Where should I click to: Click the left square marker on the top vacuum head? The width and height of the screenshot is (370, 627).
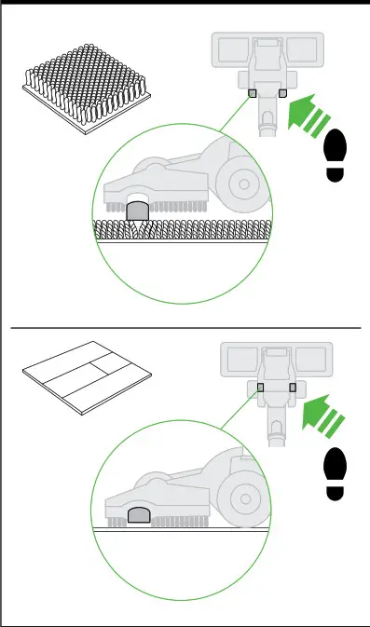click(x=253, y=93)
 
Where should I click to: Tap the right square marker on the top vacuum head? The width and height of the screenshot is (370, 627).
click(x=282, y=93)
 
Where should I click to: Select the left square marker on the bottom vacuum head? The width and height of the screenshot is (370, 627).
click(x=262, y=387)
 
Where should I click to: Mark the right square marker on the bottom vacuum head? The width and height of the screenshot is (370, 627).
click(x=293, y=387)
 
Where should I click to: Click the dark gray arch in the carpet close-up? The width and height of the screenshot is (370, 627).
click(x=138, y=211)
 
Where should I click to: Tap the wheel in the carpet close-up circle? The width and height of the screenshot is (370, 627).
click(x=245, y=184)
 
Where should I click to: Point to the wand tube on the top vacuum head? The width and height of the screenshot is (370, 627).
click(x=266, y=122)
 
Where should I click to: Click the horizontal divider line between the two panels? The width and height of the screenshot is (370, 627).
click(x=185, y=328)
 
